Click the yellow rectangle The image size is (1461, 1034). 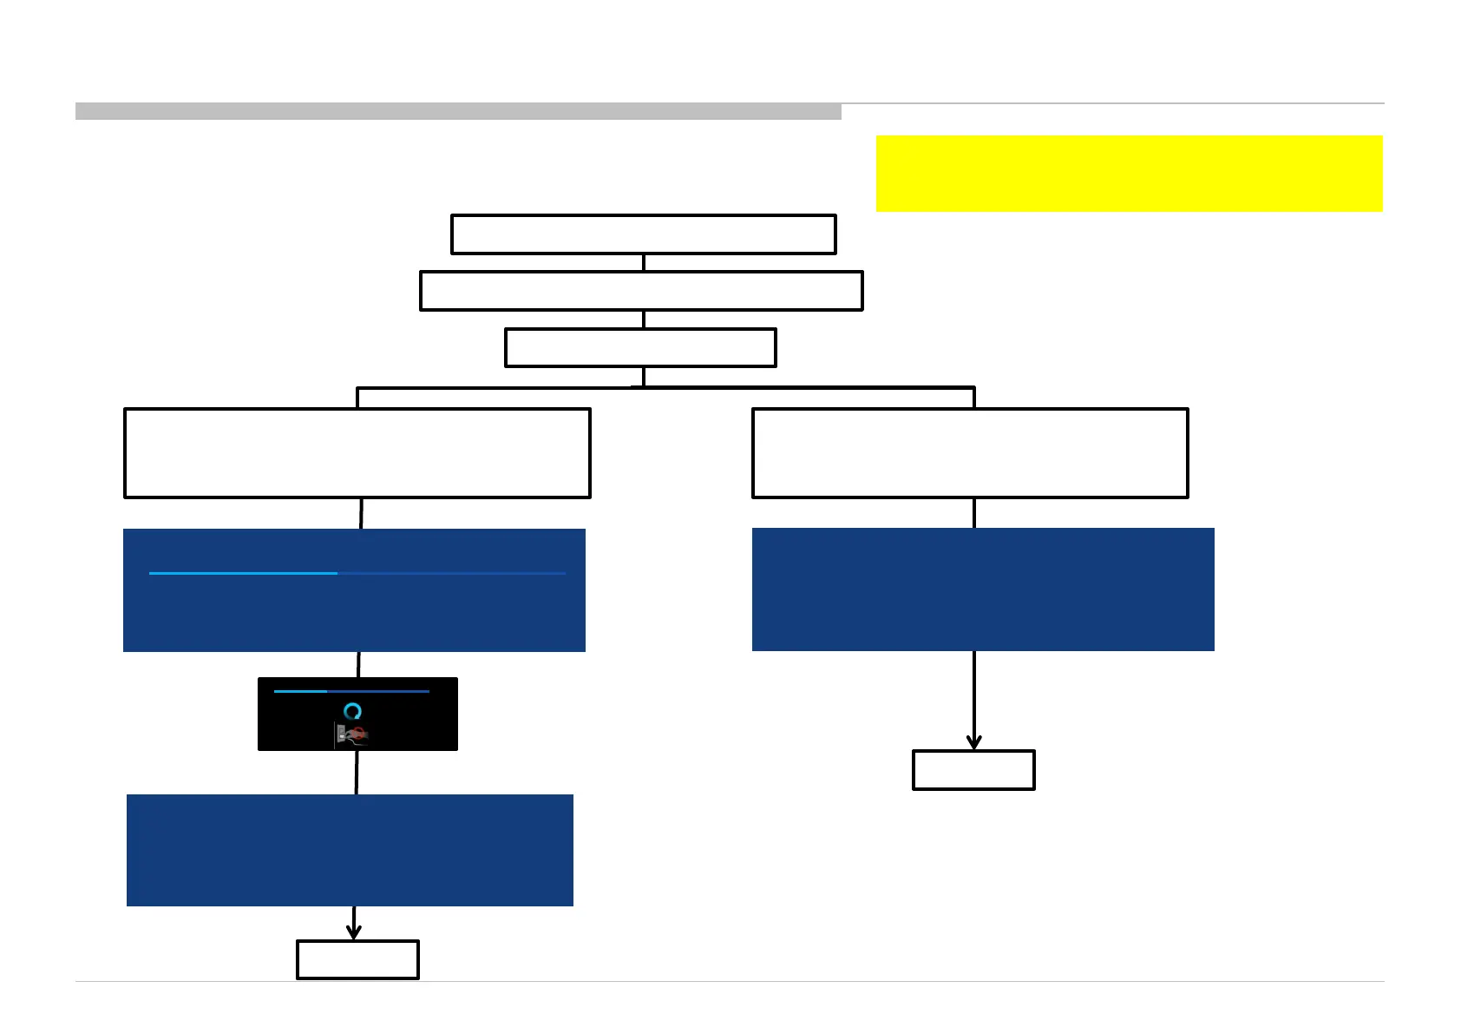(x=1129, y=173)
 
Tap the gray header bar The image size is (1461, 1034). (x=458, y=111)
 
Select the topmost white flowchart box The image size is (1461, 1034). (x=643, y=234)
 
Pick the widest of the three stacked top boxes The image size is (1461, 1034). (x=641, y=291)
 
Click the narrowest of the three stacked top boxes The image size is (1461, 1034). (x=640, y=347)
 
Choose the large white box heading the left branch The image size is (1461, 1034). (x=357, y=452)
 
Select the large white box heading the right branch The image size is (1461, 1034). (x=970, y=452)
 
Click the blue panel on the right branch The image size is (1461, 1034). (x=983, y=589)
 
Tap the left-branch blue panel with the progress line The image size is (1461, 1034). (x=354, y=608)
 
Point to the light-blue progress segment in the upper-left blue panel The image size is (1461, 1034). (x=243, y=573)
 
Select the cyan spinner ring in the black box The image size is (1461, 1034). (x=352, y=712)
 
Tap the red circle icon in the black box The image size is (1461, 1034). (x=357, y=734)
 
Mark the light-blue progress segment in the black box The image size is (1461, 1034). (x=300, y=691)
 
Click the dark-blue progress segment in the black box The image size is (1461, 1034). (x=378, y=691)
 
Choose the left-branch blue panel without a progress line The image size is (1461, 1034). (x=350, y=850)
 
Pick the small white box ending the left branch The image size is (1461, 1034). (x=357, y=959)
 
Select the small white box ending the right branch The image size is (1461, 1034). (x=973, y=770)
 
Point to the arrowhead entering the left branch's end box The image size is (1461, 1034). (x=353, y=933)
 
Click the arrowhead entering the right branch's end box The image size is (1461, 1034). (x=973, y=743)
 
